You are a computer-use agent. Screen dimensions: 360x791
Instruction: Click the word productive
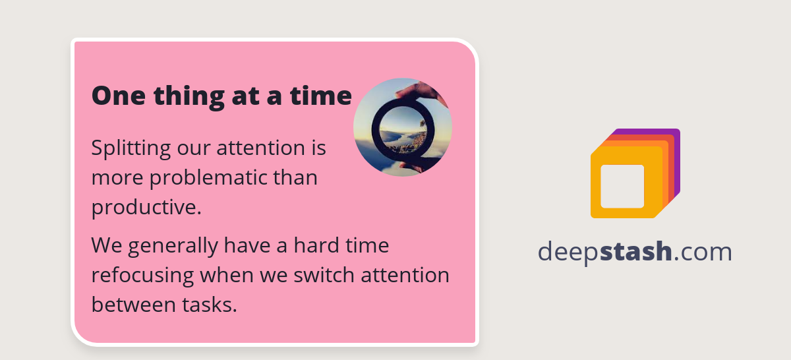[x=146, y=208]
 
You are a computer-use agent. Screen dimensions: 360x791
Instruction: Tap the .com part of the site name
[x=703, y=252]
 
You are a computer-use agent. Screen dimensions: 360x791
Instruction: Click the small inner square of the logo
[x=622, y=186]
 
